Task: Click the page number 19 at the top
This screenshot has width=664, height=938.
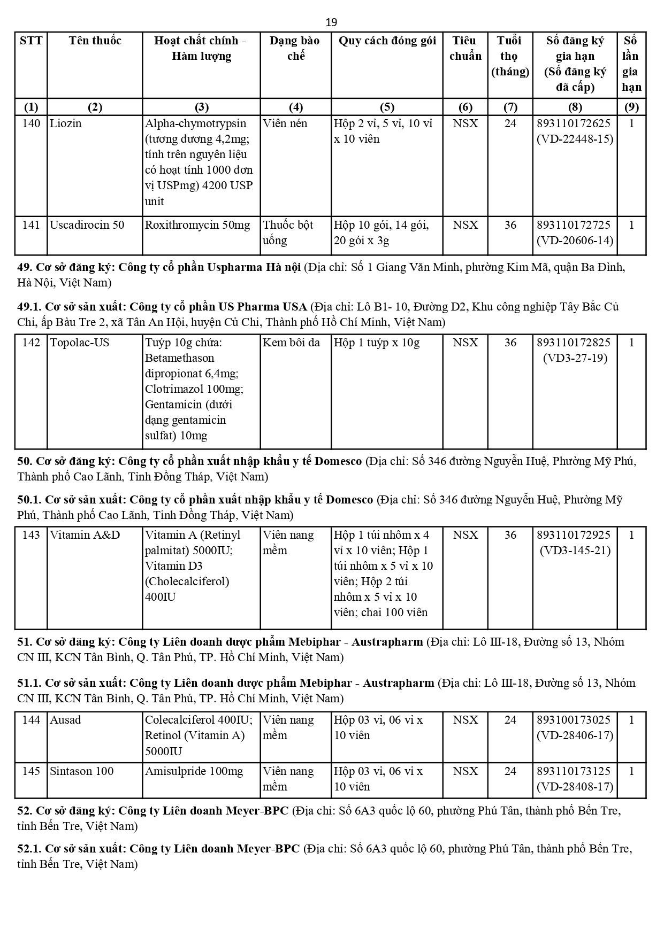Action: pos(331,22)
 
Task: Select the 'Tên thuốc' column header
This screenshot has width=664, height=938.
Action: pos(95,41)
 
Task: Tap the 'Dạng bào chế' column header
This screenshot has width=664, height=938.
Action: pos(295,48)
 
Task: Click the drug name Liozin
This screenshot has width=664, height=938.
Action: pos(66,123)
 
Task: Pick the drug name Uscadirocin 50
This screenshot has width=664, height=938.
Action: pos(87,225)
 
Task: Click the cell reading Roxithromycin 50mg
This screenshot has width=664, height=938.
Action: pos(197,225)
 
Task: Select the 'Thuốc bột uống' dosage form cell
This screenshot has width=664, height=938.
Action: pos(288,232)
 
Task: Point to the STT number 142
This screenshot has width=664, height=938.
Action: pos(31,343)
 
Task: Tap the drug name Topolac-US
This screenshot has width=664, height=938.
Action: pos(79,343)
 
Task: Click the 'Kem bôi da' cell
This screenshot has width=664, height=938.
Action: pos(291,343)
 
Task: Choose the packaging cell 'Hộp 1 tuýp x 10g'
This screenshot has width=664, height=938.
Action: pos(377,343)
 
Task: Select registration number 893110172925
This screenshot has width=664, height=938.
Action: pos(574,535)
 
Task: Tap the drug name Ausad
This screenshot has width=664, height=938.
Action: pos(65,720)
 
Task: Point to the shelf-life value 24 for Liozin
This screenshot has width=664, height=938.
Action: pos(510,123)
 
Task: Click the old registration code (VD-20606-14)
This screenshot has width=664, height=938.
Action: pos(575,241)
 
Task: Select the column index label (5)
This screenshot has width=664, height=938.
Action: pos(386,107)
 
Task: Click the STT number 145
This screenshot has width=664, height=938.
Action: pos(31,771)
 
